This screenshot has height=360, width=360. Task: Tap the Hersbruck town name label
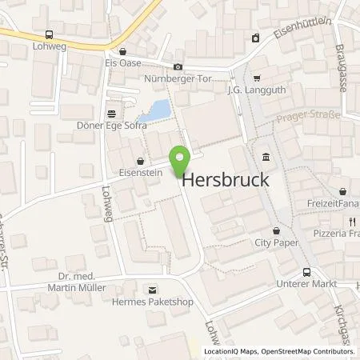226,182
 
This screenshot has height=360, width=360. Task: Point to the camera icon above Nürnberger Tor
178,66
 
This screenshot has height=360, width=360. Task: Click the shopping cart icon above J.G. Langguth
256,78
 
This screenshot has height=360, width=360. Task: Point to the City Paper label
274,242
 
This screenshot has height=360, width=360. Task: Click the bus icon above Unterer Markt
306,272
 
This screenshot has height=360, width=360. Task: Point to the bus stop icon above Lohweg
50,34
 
